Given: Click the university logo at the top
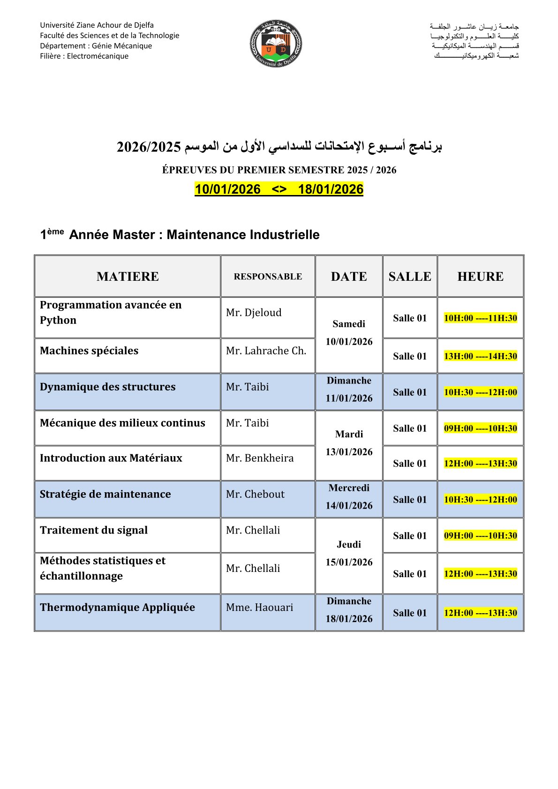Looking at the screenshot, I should click(x=276, y=43).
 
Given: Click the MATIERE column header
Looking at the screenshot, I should click(x=128, y=277).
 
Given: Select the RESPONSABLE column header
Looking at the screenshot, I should click(x=268, y=277).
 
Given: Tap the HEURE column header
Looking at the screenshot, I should click(x=480, y=277).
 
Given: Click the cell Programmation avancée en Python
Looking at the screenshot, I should click(x=111, y=312).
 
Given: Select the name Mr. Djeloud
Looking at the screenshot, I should click(x=254, y=313).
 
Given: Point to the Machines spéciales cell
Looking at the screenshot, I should click(x=89, y=351).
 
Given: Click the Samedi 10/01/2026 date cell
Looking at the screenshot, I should click(x=349, y=333).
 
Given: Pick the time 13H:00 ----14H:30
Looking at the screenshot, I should click(x=480, y=356).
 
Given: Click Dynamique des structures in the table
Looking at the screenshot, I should click(x=108, y=387).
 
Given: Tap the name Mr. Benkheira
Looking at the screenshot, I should click(x=260, y=458).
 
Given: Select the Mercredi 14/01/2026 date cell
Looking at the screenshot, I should click(x=349, y=497).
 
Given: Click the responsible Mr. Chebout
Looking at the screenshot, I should click(x=255, y=494).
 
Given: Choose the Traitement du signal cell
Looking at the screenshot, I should click(x=94, y=530).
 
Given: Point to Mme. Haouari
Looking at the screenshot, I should click(x=259, y=608).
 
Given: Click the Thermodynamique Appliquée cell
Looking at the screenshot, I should click(x=117, y=608).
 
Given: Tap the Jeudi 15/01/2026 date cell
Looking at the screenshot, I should click(x=349, y=553).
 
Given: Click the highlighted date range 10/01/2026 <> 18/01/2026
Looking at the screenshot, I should click(x=279, y=189).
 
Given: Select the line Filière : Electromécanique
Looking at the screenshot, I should click(x=84, y=56).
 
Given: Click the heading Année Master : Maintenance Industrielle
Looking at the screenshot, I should click(x=194, y=235).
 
